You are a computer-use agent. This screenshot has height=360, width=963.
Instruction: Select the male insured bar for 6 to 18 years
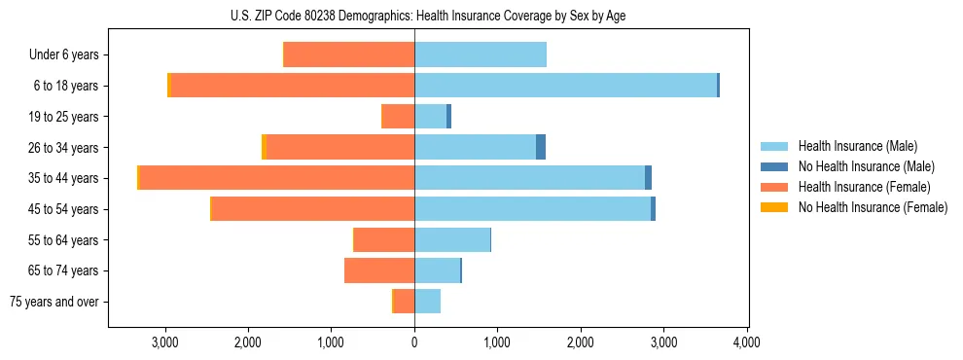565,86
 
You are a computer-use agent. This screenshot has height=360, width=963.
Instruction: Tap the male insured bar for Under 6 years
481,54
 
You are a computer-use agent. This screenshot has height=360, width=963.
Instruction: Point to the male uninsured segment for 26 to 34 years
541,147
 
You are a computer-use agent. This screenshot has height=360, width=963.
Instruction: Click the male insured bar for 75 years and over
427,302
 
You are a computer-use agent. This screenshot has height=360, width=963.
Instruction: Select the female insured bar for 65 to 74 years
379,270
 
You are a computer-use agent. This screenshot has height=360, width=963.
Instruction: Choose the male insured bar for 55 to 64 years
452,240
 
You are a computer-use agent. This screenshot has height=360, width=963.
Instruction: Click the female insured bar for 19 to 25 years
399,117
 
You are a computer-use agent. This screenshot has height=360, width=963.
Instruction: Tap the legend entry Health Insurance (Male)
857,146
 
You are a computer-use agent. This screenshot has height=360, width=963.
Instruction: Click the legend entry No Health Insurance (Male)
866,166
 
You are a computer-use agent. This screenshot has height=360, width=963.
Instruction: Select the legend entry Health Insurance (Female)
864,187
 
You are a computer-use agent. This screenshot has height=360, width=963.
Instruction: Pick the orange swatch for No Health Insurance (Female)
774,207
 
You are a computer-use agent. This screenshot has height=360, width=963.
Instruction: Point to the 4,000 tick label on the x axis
746,342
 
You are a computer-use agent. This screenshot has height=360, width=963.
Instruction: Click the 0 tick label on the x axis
414,342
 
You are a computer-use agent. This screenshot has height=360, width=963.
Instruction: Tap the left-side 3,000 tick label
165,342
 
